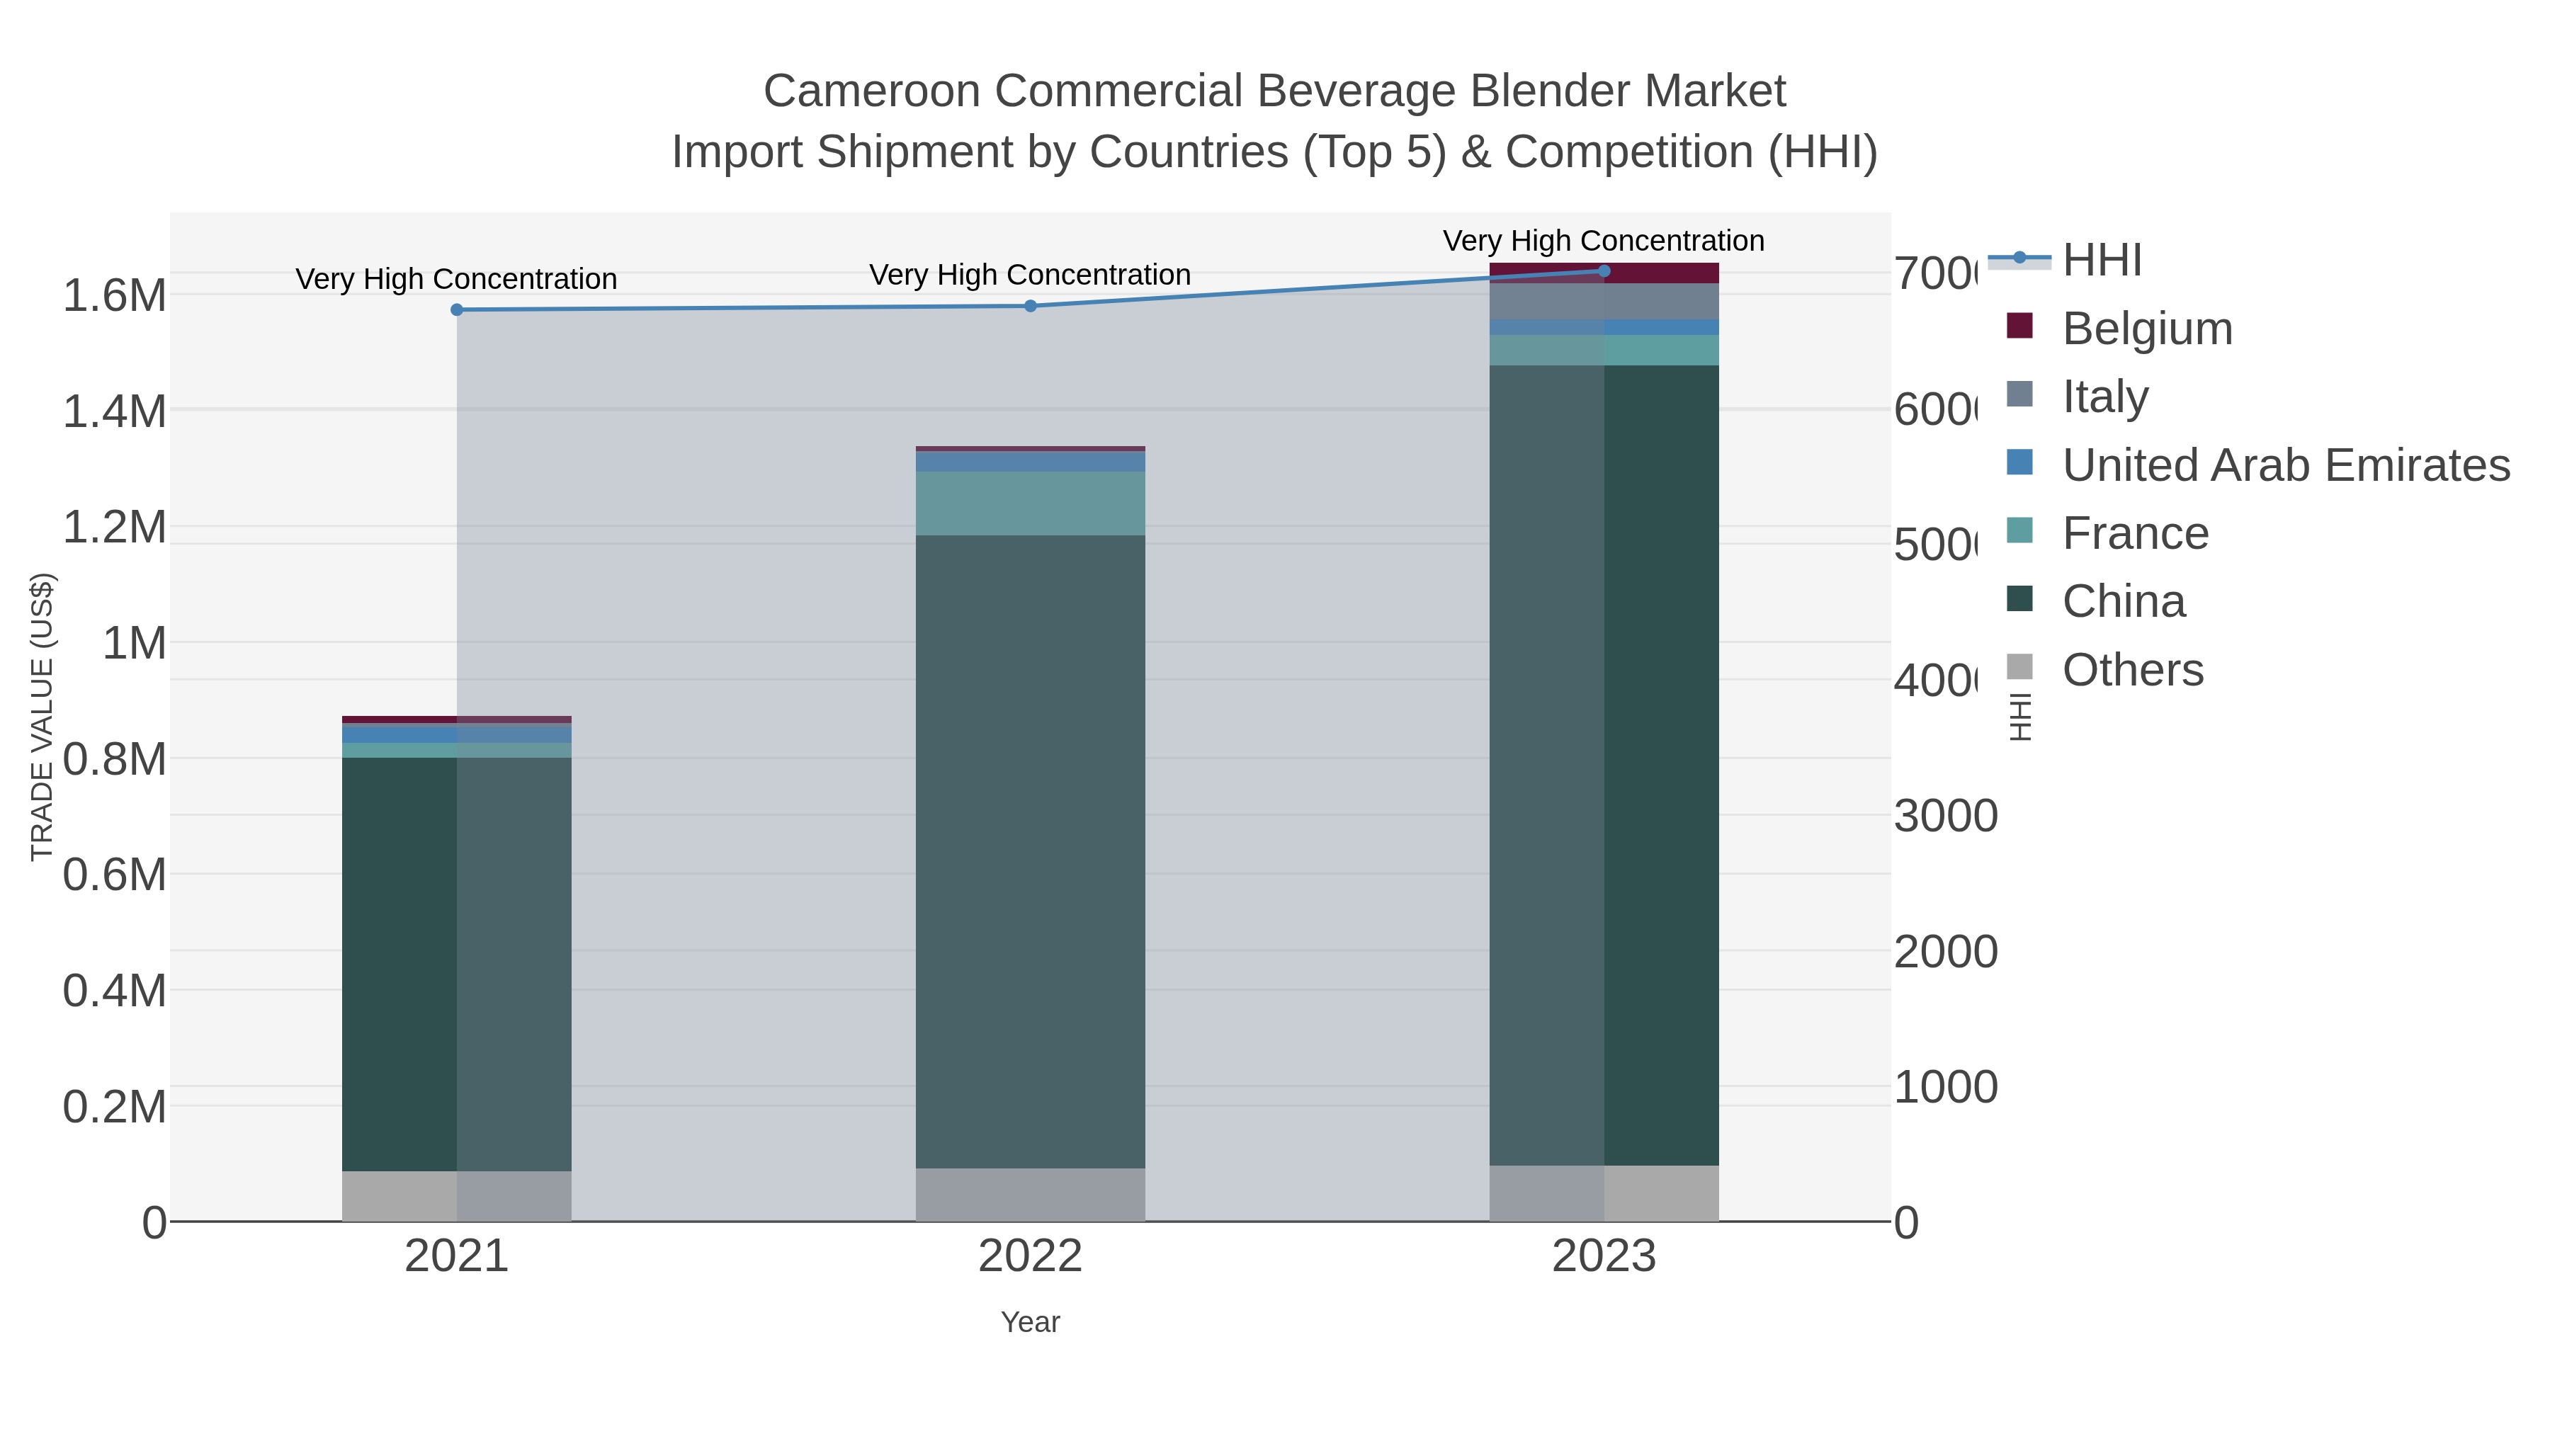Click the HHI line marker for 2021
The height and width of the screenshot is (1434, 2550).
click(456, 309)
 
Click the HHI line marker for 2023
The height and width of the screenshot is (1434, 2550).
click(1604, 271)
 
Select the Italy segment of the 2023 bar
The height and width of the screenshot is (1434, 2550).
click(1604, 302)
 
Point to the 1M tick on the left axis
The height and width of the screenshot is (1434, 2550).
click(134, 643)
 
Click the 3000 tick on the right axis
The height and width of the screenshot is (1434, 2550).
click(1945, 816)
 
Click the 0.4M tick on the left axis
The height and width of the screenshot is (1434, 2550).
click(114, 991)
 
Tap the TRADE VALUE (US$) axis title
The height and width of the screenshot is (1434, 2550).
click(42, 717)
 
